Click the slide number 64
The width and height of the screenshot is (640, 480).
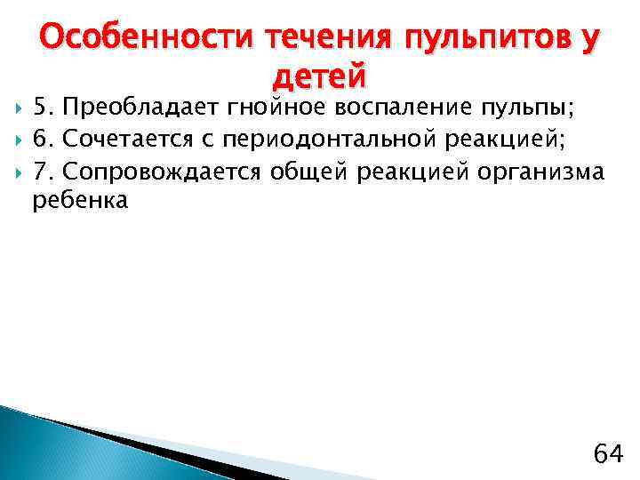608,453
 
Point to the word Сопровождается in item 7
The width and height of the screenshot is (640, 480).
163,171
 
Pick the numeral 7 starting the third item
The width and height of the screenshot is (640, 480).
40,171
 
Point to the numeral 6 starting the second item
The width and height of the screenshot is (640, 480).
40,140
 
